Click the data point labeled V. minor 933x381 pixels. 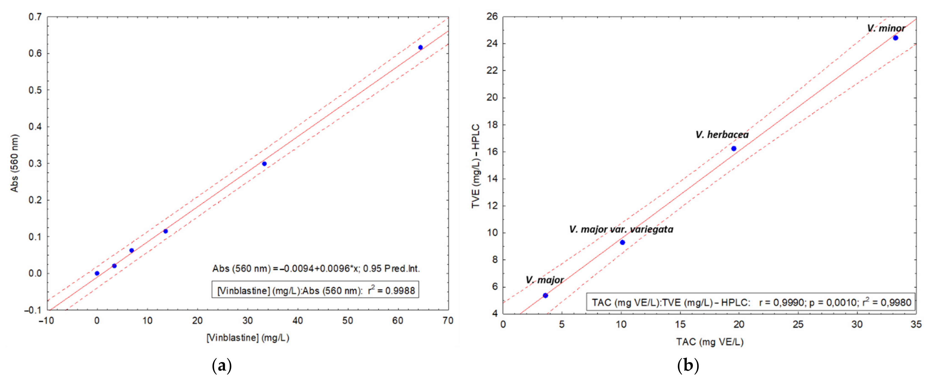(x=895, y=38)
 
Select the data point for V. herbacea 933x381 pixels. (x=733, y=148)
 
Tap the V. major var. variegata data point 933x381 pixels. (x=622, y=242)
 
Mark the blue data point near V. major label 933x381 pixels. (x=545, y=296)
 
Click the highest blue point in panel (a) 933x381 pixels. (x=420, y=48)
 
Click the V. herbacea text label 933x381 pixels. (x=722, y=135)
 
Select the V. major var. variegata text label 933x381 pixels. (x=621, y=229)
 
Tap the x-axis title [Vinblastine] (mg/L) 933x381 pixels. (x=248, y=338)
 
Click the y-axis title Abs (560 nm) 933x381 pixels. (x=15, y=163)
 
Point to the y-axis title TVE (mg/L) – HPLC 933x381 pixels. (x=476, y=166)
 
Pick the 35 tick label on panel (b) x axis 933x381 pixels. (x=916, y=324)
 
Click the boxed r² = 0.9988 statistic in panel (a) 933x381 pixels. (x=315, y=290)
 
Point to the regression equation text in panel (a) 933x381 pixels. (x=316, y=269)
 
